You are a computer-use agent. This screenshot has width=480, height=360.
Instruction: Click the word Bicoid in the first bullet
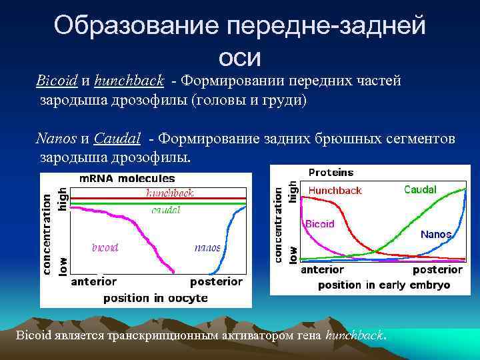click(57, 81)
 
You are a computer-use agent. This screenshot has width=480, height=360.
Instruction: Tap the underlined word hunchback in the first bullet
click(129, 81)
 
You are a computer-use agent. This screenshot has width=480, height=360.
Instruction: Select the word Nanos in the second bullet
click(57, 139)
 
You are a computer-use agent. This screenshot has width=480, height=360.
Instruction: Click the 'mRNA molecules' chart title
click(127, 179)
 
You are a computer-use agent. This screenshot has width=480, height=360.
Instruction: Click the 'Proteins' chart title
click(331, 173)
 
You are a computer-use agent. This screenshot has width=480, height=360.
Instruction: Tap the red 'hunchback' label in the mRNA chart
click(170, 193)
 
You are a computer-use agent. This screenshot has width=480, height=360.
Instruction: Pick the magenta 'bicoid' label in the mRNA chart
click(105, 247)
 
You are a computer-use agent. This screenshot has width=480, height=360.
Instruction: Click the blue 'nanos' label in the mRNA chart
click(207, 247)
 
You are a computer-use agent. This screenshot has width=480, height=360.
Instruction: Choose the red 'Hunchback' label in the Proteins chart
click(335, 191)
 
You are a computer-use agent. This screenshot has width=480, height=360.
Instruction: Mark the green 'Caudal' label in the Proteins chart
click(420, 190)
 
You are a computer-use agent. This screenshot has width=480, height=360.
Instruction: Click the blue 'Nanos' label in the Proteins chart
click(436, 235)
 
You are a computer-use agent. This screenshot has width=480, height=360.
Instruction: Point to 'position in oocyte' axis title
click(155, 298)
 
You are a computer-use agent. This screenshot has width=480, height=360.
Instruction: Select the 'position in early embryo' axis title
click(383, 285)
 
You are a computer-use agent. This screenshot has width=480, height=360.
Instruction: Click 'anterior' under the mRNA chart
click(93, 281)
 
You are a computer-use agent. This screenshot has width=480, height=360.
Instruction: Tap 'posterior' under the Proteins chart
click(437, 270)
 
